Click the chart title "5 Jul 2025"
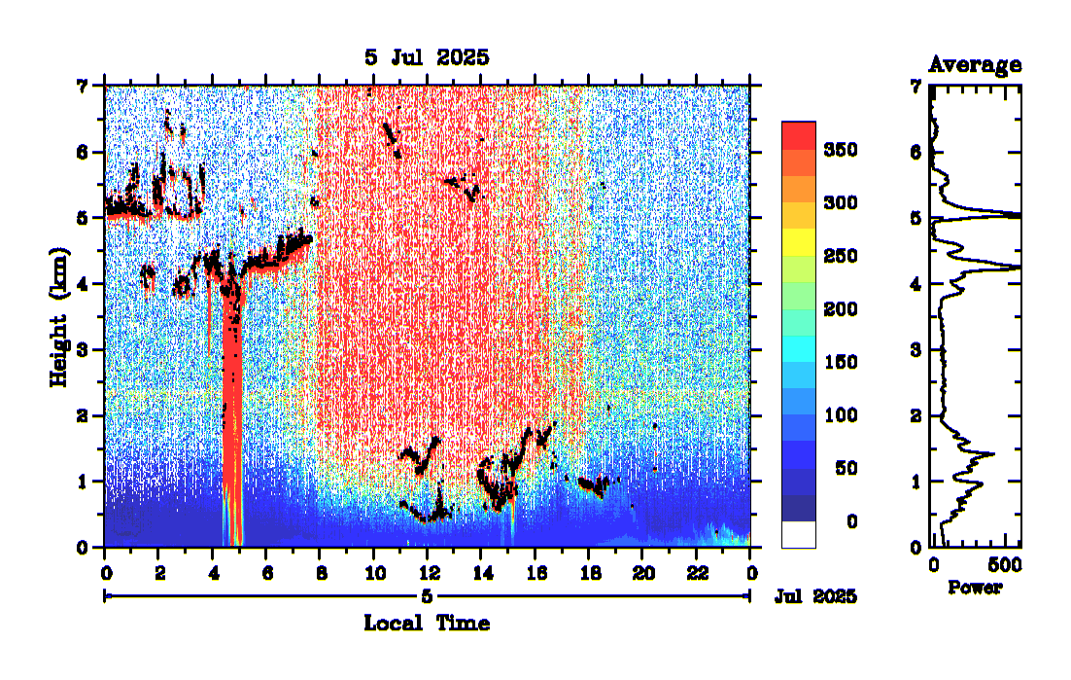[x=427, y=57]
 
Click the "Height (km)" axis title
[x=60, y=315]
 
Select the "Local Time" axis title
[x=427, y=623]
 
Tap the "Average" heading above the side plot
[x=975, y=65]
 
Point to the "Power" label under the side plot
[x=975, y=588]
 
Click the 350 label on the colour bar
[x=840, y=150]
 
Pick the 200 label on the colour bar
[x=840, y=309]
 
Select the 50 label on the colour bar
[x=845, y=469]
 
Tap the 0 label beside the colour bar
[x=851, y=522]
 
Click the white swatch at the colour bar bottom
[x=798, y=534]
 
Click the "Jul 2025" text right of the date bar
[x=815, y=596]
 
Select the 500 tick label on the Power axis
[x=1002, y=565]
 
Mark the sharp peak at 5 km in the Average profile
[x=1015, y=216]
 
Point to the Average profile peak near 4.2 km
[x=1015, y=268]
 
